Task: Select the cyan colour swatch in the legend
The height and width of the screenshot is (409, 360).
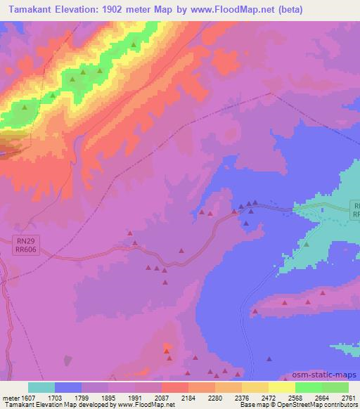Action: coord(41,387)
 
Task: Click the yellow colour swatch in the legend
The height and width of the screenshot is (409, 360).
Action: coord(281,387)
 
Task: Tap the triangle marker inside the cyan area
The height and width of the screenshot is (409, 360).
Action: coord(307,244)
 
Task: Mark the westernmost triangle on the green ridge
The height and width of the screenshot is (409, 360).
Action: coord(25,108)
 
